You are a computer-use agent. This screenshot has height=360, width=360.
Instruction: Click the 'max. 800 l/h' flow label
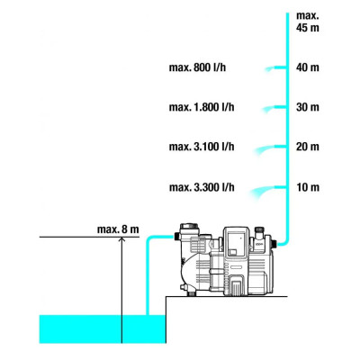tap(197, 67)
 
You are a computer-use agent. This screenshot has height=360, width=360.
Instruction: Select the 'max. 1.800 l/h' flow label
tap(202, 107)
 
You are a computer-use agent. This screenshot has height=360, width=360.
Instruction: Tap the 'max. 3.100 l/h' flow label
tap(202, 147)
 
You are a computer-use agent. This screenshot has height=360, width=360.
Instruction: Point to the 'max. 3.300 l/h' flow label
tap(202, 187)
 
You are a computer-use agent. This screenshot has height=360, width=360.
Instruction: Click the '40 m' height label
tap(308, 67)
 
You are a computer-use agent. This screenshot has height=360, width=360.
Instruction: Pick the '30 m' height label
tap(308, 107)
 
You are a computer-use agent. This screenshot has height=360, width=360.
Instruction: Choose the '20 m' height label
tap(308, 147)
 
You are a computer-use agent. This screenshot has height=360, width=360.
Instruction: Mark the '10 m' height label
tap(308, 187)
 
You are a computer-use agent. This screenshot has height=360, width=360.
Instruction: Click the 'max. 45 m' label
tap(308, 22)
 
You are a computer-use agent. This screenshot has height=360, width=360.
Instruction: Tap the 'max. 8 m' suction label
tap(118, 229)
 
